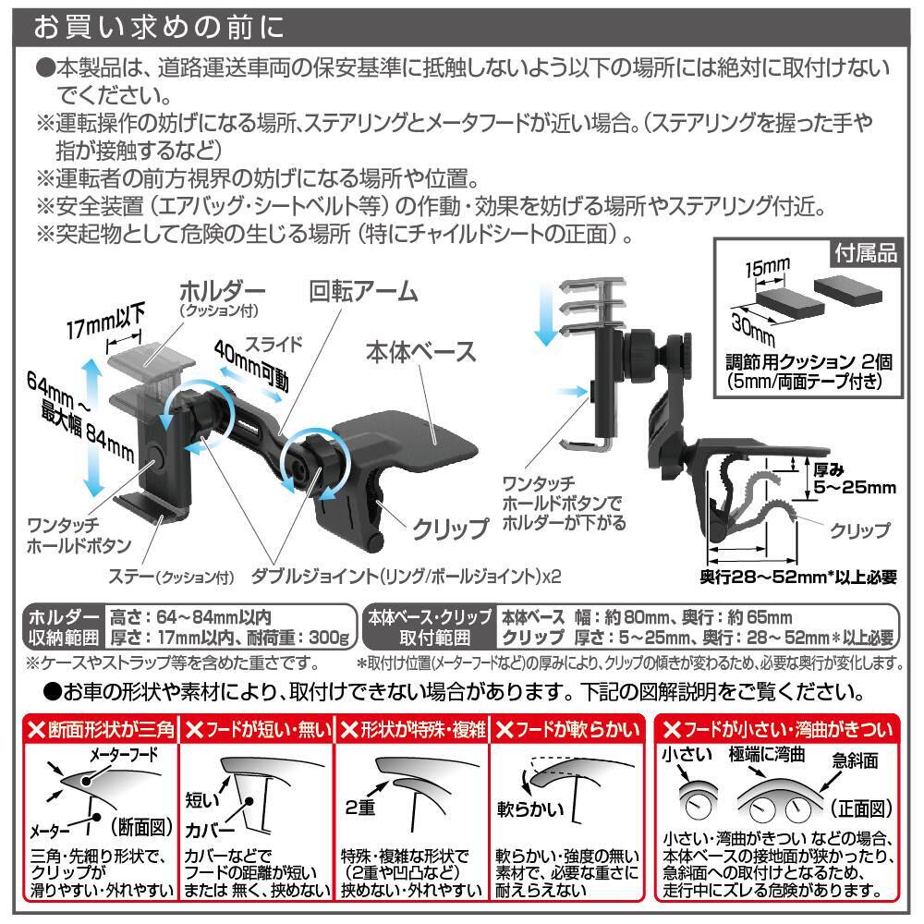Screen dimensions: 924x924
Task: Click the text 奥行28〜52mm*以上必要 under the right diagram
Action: [797, 578]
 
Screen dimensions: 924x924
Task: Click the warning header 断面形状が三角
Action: [100, 731]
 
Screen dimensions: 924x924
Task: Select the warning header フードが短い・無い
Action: [257, 731]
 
